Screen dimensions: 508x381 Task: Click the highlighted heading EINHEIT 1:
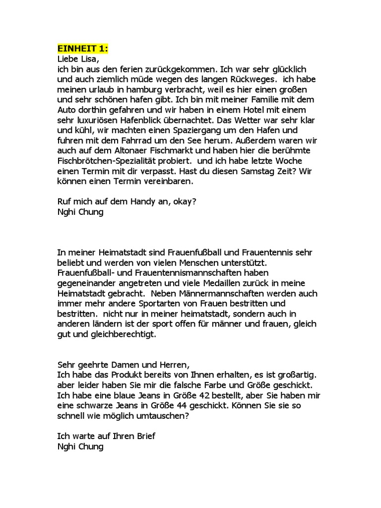point(83,49)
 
